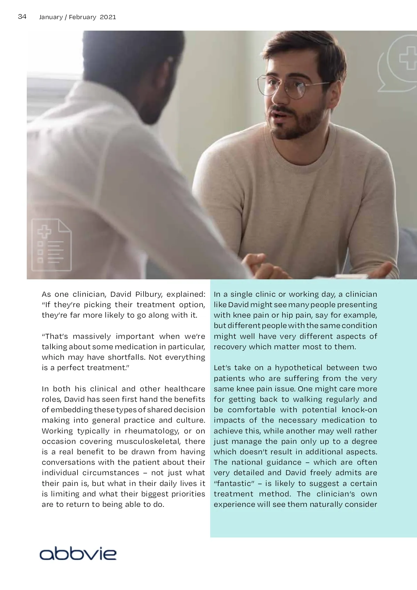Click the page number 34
tap(22, 17)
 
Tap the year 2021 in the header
tap(108, 17)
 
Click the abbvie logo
tap(78, 553)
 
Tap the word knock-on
tap(359, 410)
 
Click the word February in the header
tap(82, 17)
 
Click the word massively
tap(92, 336)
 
